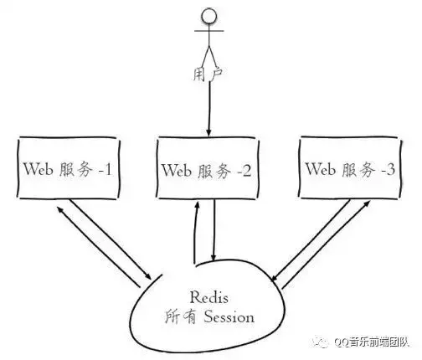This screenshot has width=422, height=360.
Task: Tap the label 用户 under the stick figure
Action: point(208,74)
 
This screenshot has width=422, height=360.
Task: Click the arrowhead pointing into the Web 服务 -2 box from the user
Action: point(208,132)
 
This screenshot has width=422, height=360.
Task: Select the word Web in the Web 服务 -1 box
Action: point(39,169)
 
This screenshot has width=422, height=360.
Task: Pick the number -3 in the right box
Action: point(388,169)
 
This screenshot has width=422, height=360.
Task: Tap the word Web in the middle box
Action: point(177,170)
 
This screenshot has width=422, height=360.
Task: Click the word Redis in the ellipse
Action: point(209,297)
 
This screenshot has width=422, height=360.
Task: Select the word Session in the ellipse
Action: point(229,317)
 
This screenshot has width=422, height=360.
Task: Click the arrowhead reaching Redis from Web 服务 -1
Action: point(148,276)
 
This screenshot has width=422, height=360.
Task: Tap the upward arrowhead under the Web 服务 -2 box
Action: point(197,205)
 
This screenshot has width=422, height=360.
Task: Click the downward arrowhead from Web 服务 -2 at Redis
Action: point(214,257)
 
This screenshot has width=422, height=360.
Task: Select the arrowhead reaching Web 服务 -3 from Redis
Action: point(367,203)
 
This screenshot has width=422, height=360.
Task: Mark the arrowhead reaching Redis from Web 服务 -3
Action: point(274,277)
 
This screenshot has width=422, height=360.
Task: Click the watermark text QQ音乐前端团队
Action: point(372,342)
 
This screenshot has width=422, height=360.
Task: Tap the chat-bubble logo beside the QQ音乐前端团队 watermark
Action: point(321,341)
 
